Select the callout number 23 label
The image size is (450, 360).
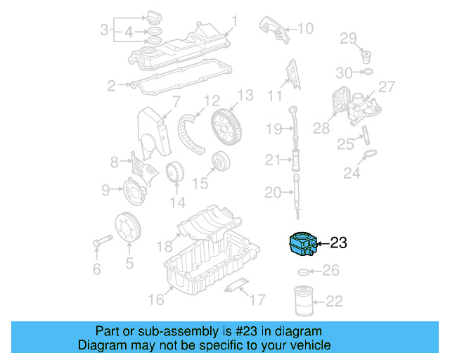point(338,243)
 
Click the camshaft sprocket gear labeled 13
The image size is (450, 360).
point(229,127)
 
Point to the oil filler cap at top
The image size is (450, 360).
point(155,17)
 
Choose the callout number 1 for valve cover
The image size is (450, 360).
point(235,22)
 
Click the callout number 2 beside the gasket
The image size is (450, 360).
point(111,86)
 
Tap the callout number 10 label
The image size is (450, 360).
point(304,29)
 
